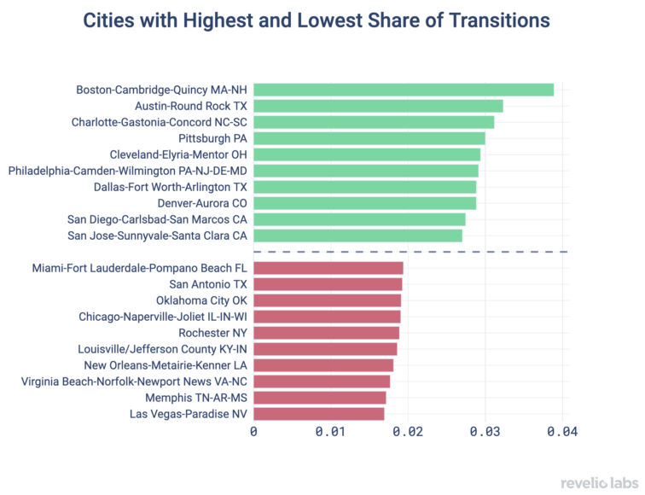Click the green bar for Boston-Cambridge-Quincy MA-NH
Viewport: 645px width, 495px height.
tap(404, 90)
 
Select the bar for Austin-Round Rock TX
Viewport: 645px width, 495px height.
tap(378, 106)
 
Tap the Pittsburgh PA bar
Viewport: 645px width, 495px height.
tap(369, 138)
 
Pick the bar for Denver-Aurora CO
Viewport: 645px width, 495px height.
tap(364, 203)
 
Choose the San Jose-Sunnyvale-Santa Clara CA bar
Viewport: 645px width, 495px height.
tap(357, 236)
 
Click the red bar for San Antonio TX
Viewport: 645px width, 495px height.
tap(328, 284)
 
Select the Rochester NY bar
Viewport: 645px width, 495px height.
tap(326, 333)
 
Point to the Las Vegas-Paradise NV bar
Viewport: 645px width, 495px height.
tap(318, 414)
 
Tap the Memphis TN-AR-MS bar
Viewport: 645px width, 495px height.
tap(319, 398)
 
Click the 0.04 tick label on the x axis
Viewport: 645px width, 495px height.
tap(562, 433)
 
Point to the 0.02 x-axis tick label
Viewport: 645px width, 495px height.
tap(408, 433)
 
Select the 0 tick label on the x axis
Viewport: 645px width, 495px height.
tap(253, 433)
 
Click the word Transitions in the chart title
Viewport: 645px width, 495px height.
tap(495, 20)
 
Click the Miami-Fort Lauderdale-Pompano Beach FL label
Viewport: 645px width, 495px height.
tap(139, 268)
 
